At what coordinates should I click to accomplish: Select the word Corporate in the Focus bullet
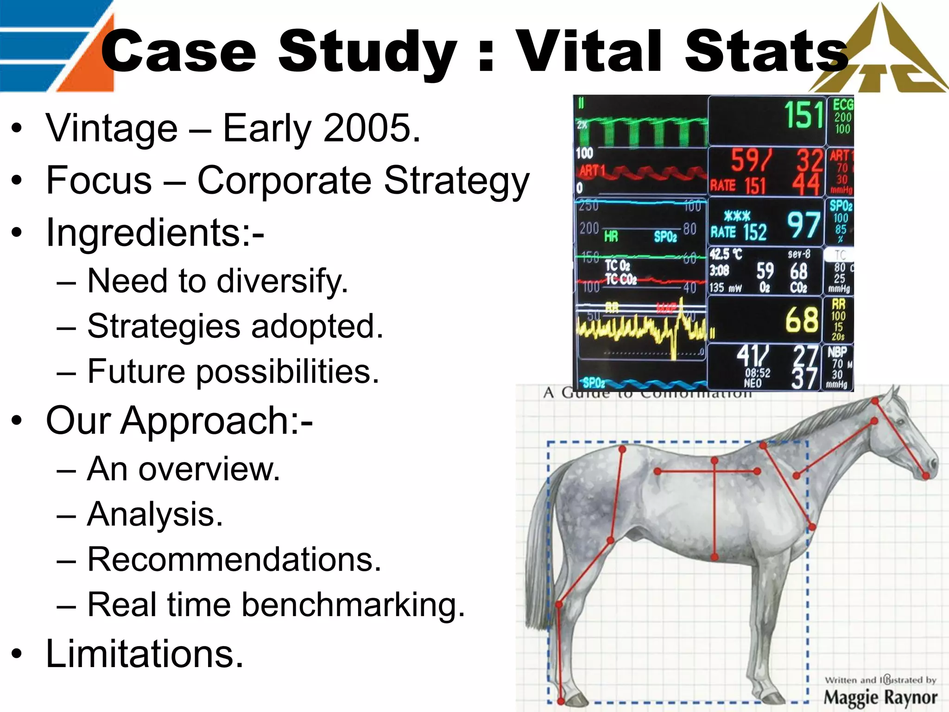tap(284, 180)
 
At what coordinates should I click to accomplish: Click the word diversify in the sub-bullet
tap(283, 281)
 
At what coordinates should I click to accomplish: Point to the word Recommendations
tap(234, 559)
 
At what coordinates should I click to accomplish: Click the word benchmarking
tap(352, 605)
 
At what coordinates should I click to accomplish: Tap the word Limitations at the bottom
tap(145, 654)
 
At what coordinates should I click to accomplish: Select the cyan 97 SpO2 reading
tap(803, 225)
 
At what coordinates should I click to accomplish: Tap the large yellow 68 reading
tap(802, 320)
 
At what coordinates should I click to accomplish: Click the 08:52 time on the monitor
tap(758, 373)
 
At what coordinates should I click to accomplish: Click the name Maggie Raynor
tap(880, 697)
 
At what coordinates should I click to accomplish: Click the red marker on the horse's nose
tap(925, 476)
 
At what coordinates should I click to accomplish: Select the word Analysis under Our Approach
tap(155, 515)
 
